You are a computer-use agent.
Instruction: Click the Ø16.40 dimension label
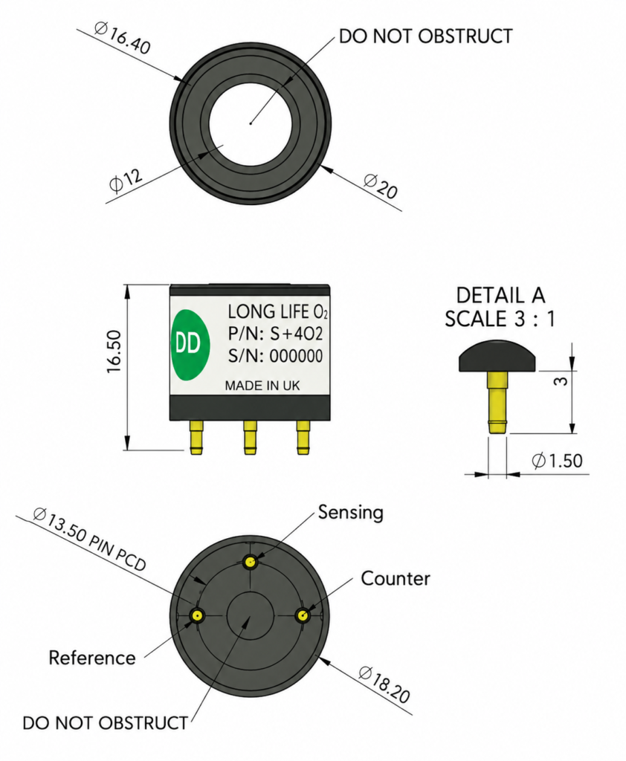pyautogui.click(x=123, y=37)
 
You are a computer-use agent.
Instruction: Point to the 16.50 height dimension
pyautogui.click(x=114, y=352)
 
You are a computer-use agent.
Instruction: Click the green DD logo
pyautogui.click(x=190, y=345)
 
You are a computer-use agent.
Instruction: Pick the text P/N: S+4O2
pyautogui.click(x=275, y=334)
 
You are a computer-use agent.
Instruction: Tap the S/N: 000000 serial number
pyautogui.click(x=275, y=356)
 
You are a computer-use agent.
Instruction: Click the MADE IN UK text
pyautogui.click(x=262, y=386)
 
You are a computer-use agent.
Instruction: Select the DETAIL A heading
pyautogui.click(x=500, y=295)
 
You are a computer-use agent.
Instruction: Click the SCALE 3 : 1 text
pyautogui.click(x=500, y=319)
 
